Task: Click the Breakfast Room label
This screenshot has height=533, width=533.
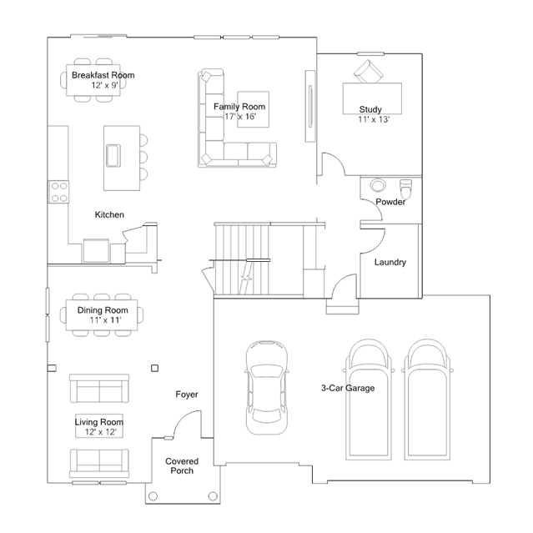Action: (103, 75)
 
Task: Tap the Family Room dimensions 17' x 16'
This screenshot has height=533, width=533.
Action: (240, 117)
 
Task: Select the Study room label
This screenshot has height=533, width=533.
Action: (370, 109)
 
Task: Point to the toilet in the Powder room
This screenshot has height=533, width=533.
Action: (406, 189)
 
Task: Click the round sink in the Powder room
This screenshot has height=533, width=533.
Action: (377, 186)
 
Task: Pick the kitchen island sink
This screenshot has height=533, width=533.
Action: (113, 156)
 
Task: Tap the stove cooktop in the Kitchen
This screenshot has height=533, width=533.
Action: (58, 192)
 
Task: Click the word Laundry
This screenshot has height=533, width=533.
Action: (390, 262)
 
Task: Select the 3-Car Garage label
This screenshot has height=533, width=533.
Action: (348, 388)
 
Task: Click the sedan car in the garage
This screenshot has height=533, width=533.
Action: (267, 388)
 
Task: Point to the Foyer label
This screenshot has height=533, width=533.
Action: (187, 395)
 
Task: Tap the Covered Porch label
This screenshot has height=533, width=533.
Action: (182, 466)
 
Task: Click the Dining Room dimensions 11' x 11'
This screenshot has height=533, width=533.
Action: (105, 319)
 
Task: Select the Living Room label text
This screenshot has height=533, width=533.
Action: (99, 422)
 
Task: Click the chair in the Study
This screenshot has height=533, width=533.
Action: (368, 72)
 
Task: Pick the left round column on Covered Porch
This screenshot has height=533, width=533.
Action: (153, 496)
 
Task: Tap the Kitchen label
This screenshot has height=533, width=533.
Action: (109, 215)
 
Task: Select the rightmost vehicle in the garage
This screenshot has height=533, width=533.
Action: (427, 400)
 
